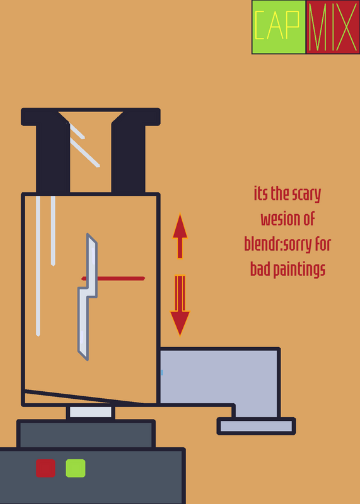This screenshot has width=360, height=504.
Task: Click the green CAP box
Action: (279, 27)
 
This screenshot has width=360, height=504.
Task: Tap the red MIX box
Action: (333, 27)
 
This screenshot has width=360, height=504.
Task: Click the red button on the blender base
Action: (45, 468)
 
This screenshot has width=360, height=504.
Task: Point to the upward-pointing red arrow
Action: (180, 236)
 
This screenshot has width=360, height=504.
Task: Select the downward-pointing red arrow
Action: (180, 306)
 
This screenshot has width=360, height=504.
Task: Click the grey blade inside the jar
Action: (87, 297)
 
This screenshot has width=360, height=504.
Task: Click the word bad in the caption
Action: (260, 269)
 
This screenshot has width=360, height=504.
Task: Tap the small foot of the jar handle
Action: (257, 427)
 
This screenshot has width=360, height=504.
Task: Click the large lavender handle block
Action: (219, 376)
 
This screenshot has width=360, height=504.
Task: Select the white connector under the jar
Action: (91, 412)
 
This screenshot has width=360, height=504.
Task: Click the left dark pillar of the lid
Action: (53, 157)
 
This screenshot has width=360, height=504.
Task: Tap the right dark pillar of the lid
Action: (128, 157)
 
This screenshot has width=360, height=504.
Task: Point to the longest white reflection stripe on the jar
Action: (38, 266)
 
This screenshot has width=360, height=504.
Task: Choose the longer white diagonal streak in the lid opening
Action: (85, 152)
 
